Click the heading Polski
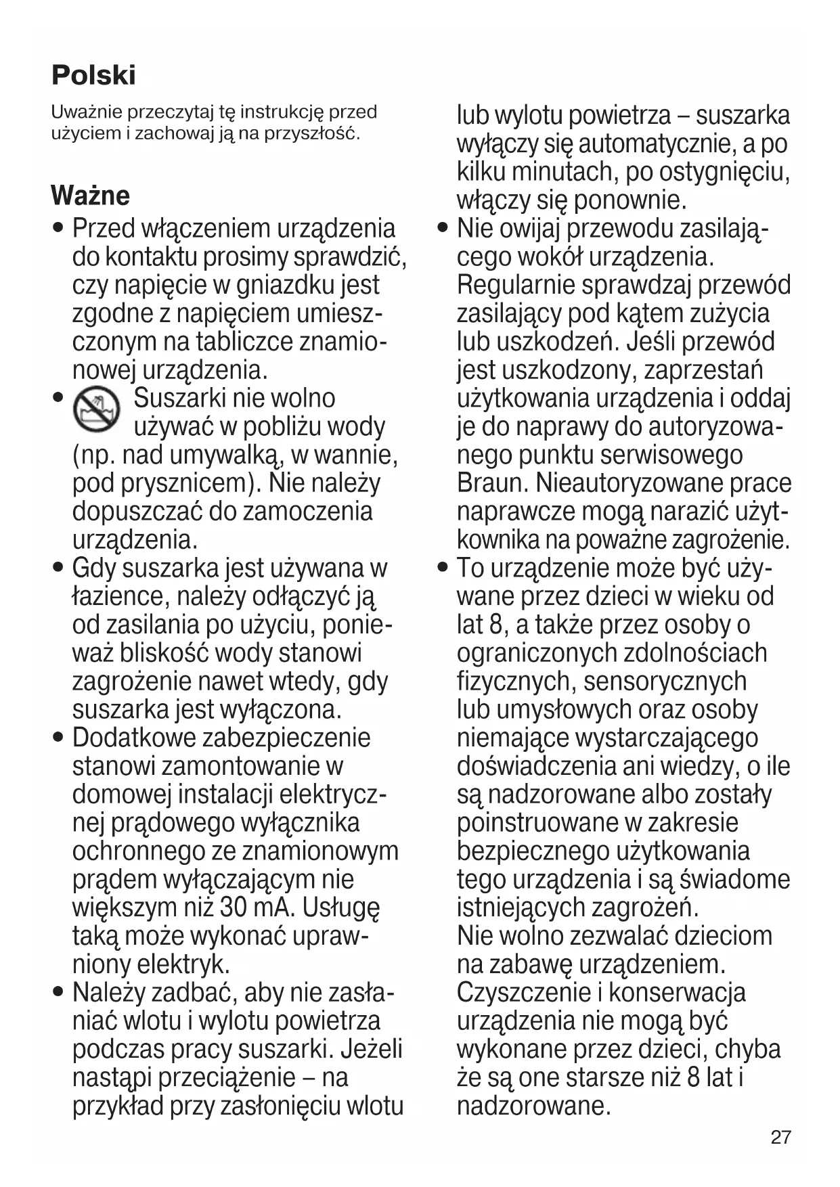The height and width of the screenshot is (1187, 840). [x=93, y=75]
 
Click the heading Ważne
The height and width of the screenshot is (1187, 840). [x=90, y=196]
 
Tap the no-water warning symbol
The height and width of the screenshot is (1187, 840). [x=97, y=409]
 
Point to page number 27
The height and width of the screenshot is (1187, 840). [x=780, y=1137]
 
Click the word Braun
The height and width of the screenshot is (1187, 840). [x=492, y=483]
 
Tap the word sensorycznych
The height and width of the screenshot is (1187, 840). [x=665, y=681]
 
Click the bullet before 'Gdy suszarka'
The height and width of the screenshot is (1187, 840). [x=58, y=567]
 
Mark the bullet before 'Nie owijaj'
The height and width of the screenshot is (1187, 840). [x=443, y=228]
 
